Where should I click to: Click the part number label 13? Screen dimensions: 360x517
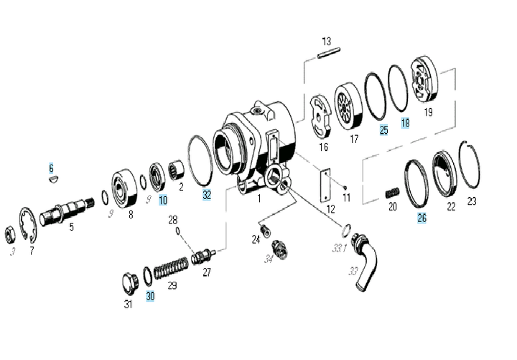[x=327, y=41]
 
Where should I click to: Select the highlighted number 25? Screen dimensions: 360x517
[x=383, y=130]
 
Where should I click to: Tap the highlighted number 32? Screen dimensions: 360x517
[x=207, y=194]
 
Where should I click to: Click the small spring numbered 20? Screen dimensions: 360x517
[x=392, y=193]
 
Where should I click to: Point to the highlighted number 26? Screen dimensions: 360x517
[x=421, y=218]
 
